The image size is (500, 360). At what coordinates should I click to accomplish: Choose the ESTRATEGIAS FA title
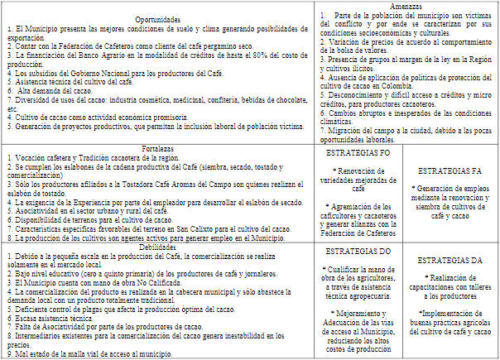tap(452, 170)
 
